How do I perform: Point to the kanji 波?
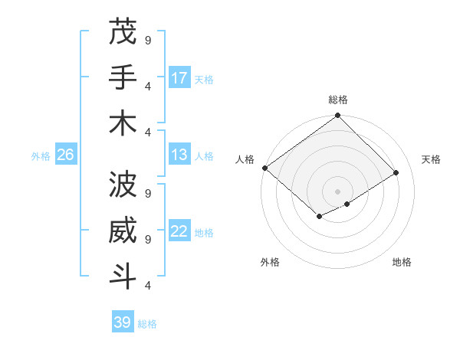pyautogui.click(x=123, y=184)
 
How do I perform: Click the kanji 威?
pyautogui.click(x=123, y=231)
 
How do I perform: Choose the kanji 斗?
pyautogui.click(x=123, y=276)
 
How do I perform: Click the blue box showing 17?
pyautogui.click(x=179, y=78)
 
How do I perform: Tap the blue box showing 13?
pyautogui.click(x=179, y=155)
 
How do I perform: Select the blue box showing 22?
pyautogui.click(x=179, y=231)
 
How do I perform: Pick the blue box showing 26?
pyautogui.click(x=66, y=155)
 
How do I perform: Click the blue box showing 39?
pyautogui.click(x=123, y=322)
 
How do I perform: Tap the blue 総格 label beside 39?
pyautogui.click(x=147, y=324)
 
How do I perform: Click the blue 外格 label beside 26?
pyautogui.click(x=41, y=156)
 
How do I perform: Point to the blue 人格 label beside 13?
pyautogui.click(x=204, y=156)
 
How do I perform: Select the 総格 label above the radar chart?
pyautogui.click(x=337, y=100)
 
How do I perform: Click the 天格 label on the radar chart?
pyautogui.click(x=431, y=159)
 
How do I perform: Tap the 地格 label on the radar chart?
pyautogui.click(x=402, y=262)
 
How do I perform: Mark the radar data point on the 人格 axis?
pyautogui.click(x=264, y=168)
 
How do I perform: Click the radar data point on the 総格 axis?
pyautogui.click(x=337, y=116)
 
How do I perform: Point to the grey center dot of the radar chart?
pyautogui.click(x=337, y=191)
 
